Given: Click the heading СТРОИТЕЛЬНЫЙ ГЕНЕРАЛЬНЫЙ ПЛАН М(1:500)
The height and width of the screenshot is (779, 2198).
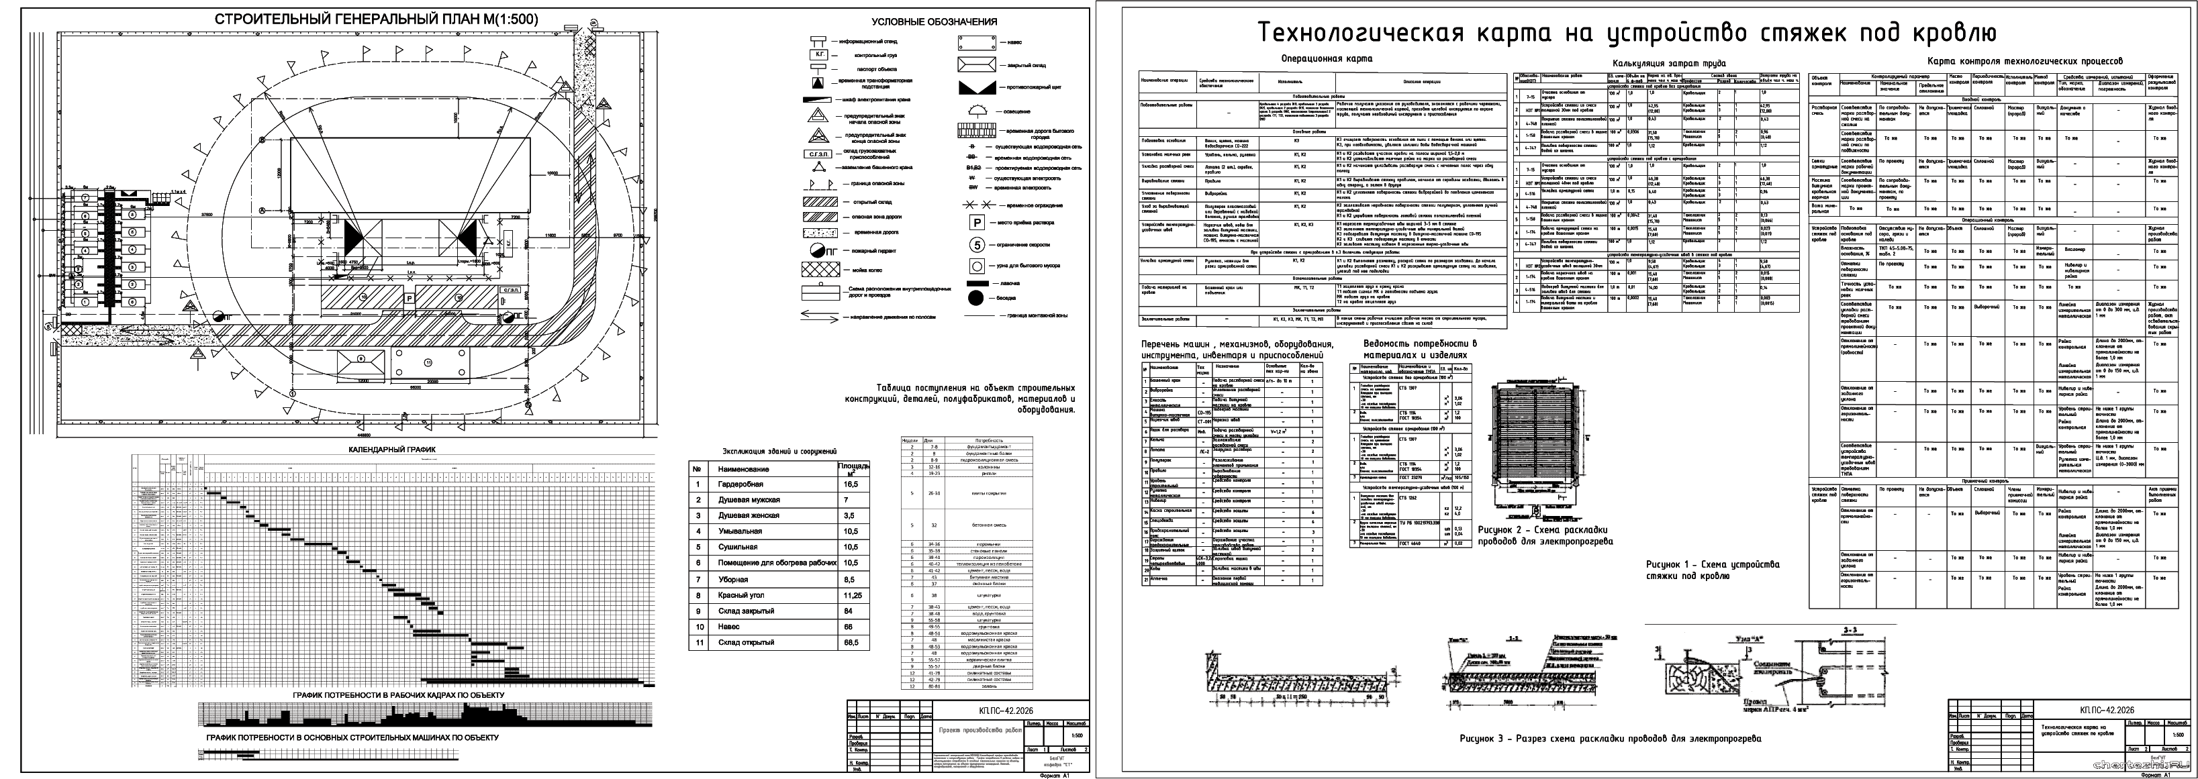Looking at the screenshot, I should (376, 19).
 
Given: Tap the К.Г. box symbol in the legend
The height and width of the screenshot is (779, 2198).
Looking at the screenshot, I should (820, 54).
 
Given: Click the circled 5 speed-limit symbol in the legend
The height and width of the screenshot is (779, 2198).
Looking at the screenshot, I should (976, 244).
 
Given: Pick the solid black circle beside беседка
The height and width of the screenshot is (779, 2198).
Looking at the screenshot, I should (976, 299).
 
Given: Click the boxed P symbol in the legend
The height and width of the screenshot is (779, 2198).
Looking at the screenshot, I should (976, 222).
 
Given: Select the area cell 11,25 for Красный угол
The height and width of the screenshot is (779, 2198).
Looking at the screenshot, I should (851, 596).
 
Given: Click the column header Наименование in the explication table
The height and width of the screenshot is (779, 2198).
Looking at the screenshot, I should (743, 469).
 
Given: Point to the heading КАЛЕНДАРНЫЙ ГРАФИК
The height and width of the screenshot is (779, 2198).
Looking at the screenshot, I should (393, 449).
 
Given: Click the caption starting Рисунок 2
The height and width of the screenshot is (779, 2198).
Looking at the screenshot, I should (1545, 535).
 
